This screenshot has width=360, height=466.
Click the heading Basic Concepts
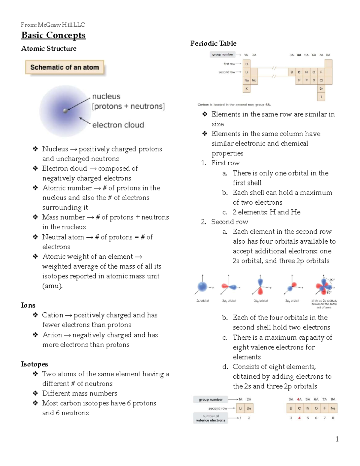(53, 35)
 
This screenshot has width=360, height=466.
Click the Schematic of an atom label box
(64, 68)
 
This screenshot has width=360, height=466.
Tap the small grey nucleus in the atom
(65, 111)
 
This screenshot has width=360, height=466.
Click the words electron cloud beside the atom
(118, 125)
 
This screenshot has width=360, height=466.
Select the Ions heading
(28, 305)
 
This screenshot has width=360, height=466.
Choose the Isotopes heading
(34, 364)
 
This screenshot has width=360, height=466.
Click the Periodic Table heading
(213, 44)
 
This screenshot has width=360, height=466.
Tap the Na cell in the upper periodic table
(247, 80)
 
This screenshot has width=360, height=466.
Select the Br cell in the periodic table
(321, 89)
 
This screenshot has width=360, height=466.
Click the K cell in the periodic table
(247, 89)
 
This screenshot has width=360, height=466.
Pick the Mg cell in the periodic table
(254, 80)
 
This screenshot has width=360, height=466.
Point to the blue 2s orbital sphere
(202, 287)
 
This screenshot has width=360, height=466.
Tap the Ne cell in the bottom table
(333, 408)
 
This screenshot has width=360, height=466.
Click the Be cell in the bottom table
(249, 408)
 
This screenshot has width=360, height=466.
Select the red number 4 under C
(299, 418)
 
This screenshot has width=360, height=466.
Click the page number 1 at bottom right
(337, 439)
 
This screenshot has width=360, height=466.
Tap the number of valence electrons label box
(211, 418)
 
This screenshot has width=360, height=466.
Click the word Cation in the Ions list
(52, 315)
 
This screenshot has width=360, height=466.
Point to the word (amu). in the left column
(52, 286)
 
